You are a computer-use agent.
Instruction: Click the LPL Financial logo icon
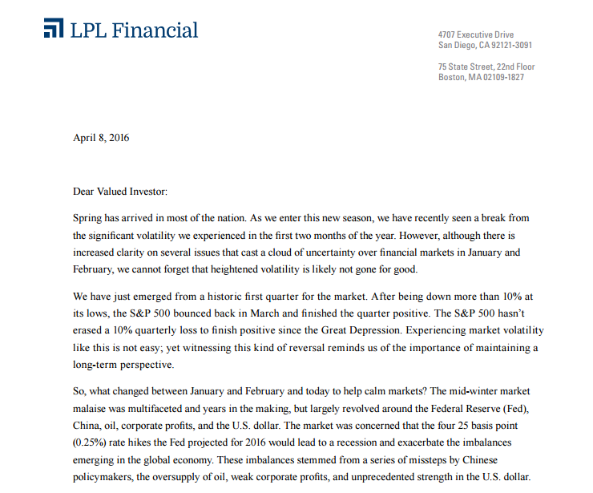click(x=53, y=30)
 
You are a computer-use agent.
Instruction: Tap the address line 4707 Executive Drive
click(x=476, y=35)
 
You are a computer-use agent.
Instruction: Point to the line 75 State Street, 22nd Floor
click(x=486, y=67)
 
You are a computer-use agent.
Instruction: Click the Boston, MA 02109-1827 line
click(x=482, y=77)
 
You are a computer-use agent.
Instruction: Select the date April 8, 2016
click(x=101, y=137)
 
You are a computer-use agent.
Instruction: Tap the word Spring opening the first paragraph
click(x=88, y=218)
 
